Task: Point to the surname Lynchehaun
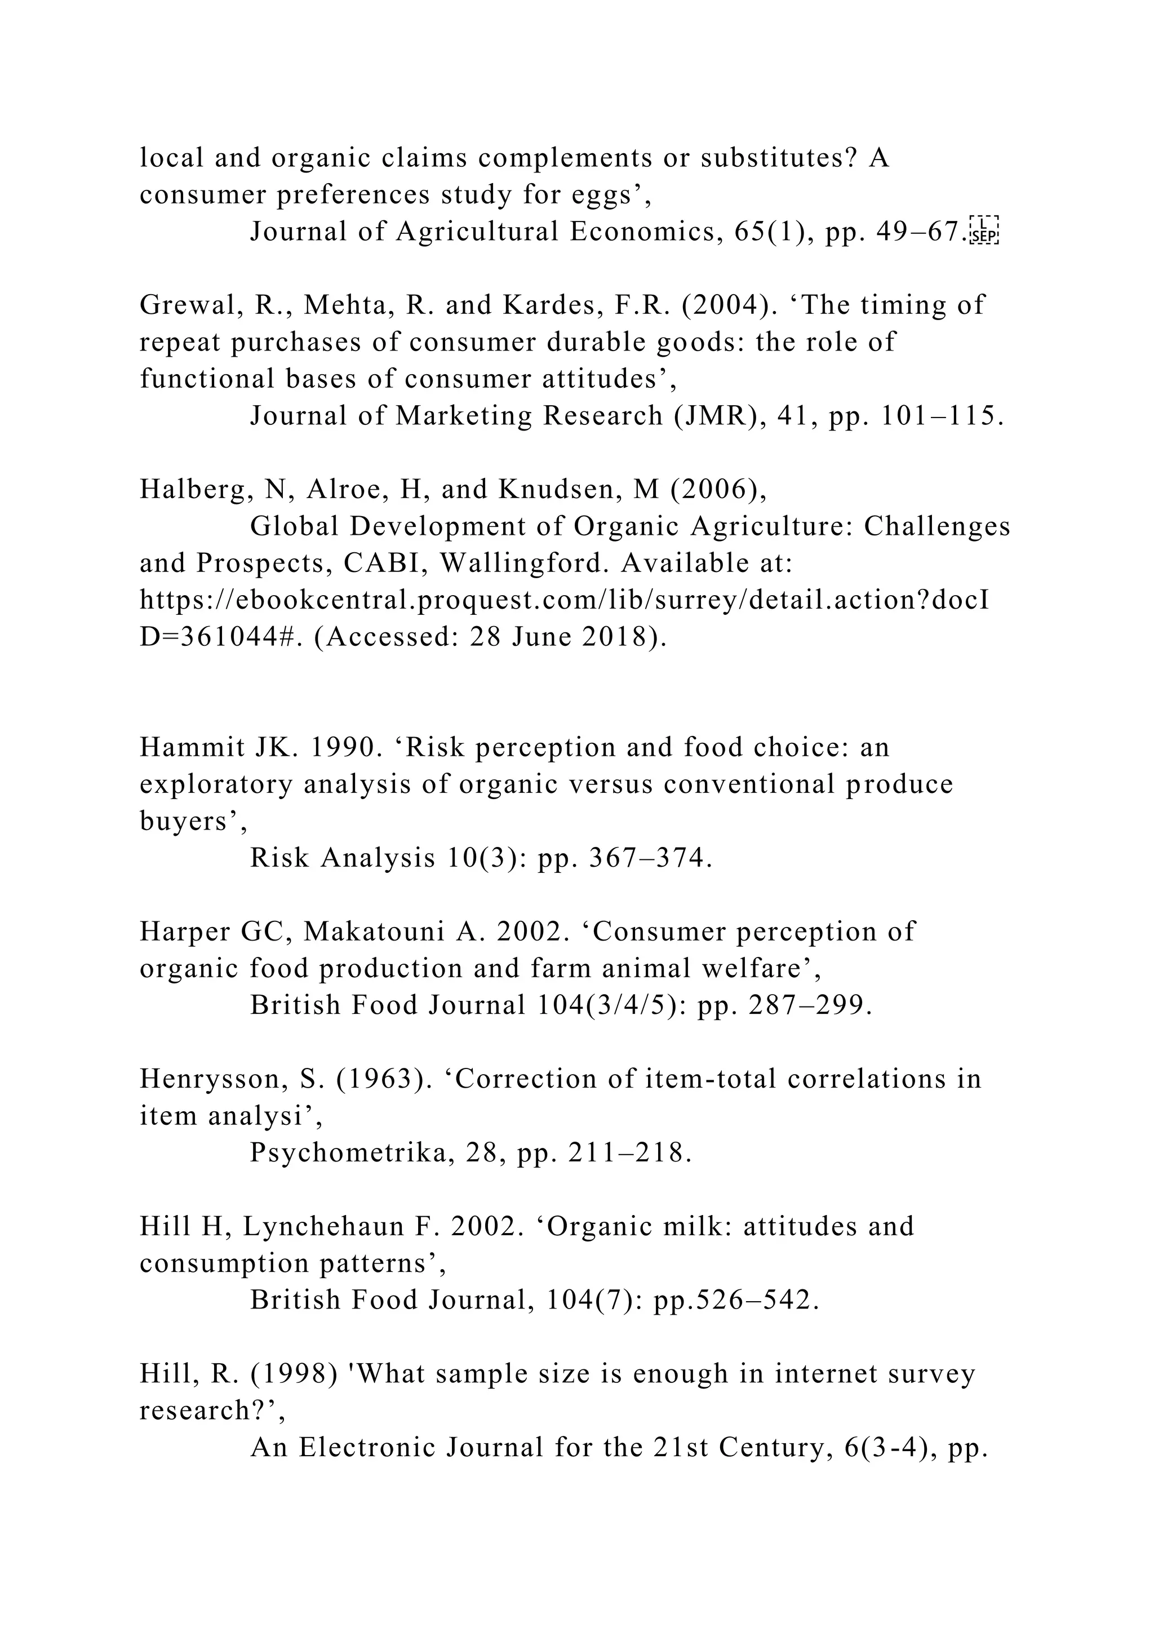334,1226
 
